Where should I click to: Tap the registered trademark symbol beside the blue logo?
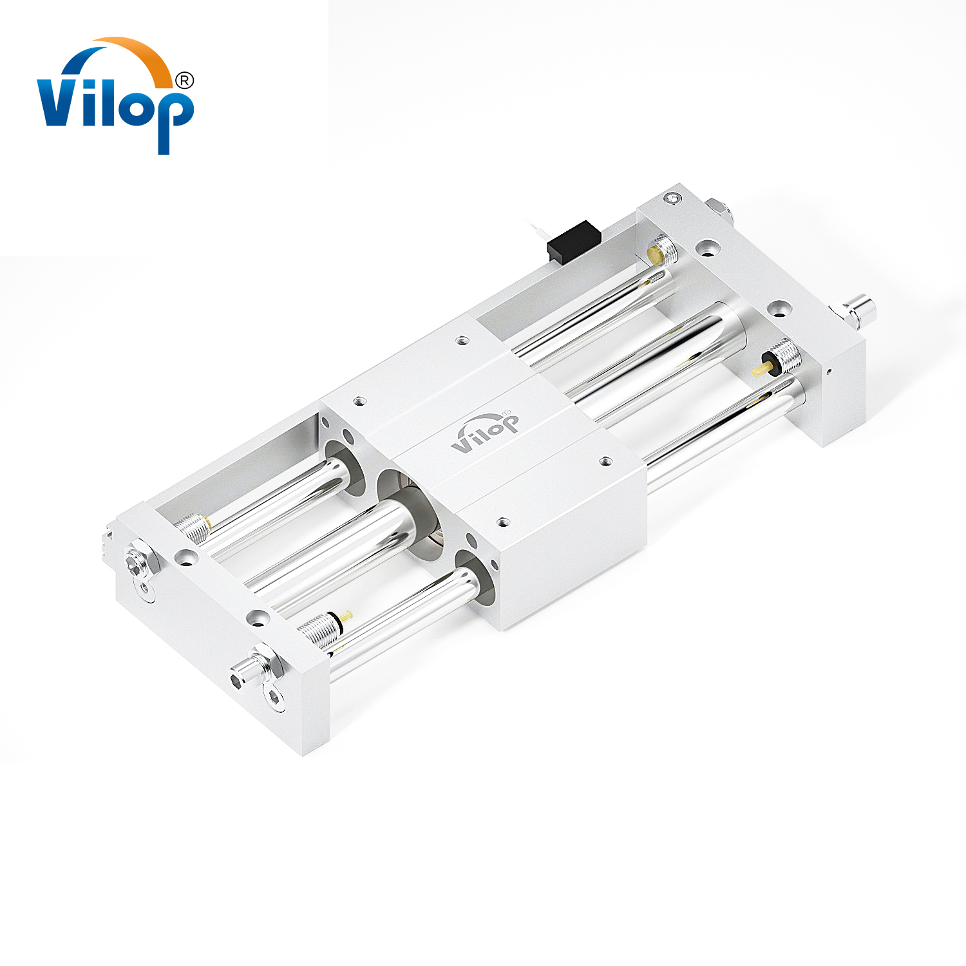point(184,80)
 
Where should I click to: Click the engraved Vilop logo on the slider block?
point(484,431)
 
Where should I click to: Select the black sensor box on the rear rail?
point(574,241)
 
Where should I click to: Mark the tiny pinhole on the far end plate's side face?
point(829,371)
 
